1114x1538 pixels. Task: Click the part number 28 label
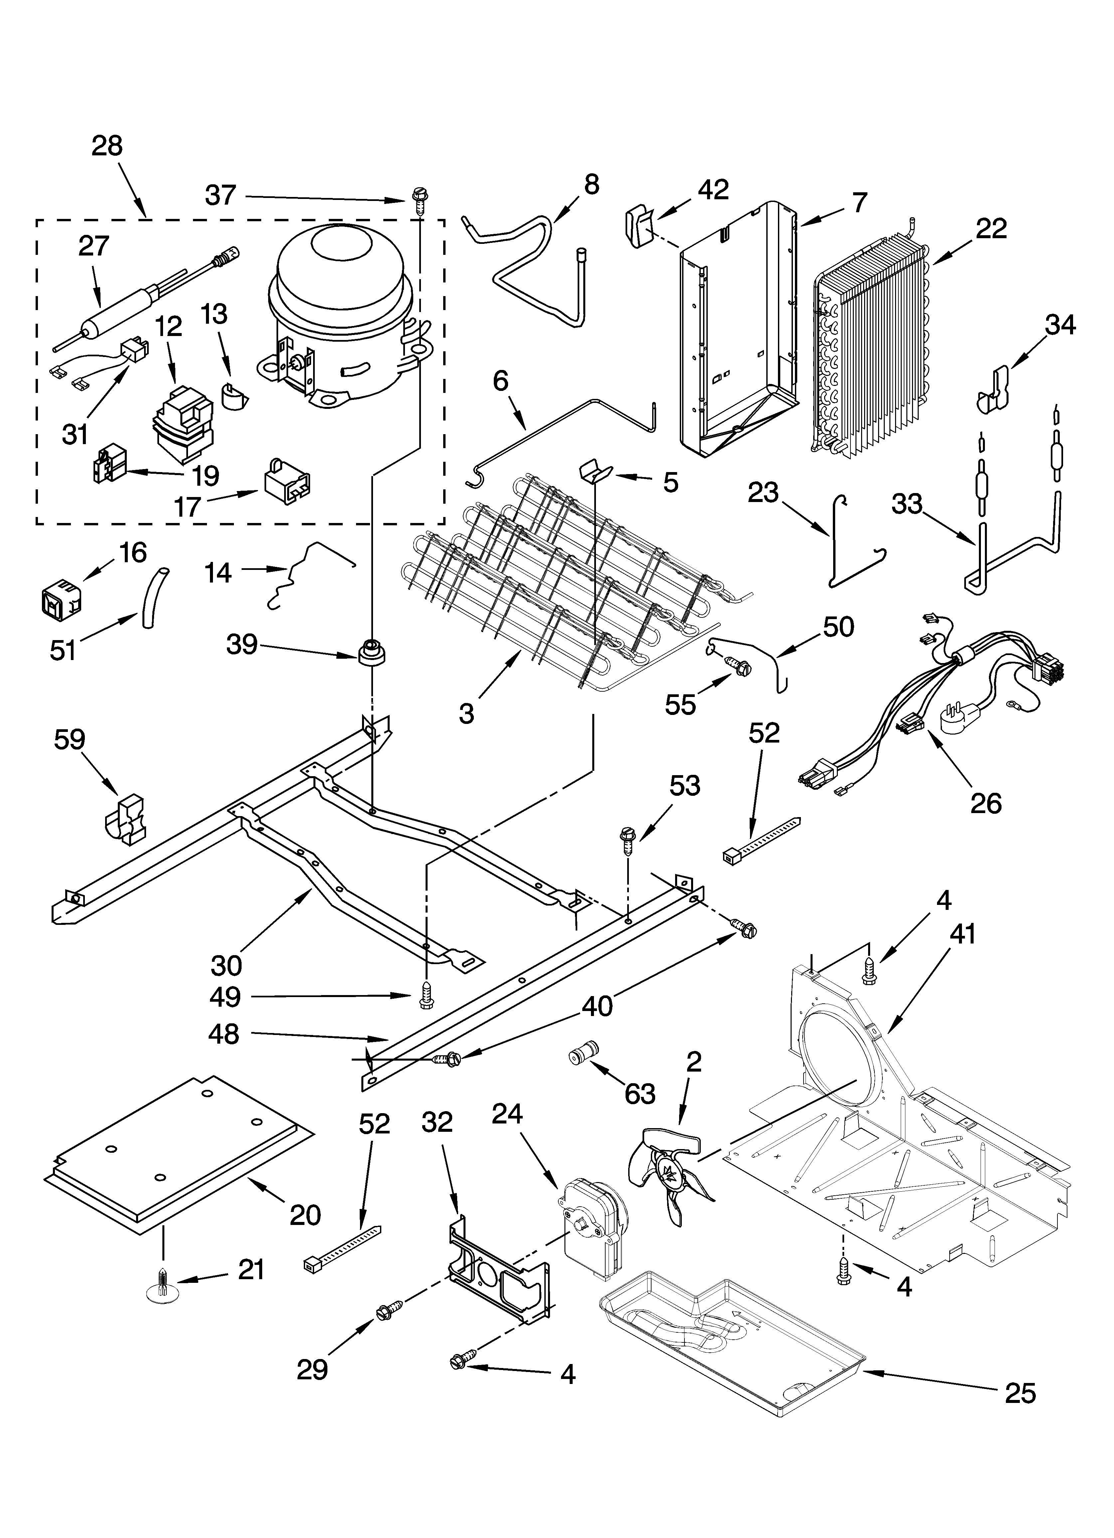tap(107, 146)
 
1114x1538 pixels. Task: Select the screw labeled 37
tap(417, 201)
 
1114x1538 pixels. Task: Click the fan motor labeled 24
tap(590, 1227)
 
